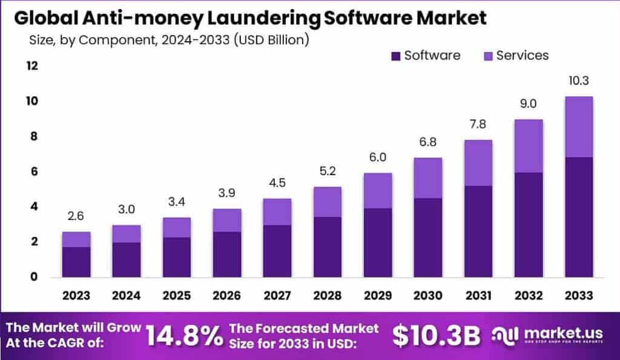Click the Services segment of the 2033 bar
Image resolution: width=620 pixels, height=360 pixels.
tap(578, 126)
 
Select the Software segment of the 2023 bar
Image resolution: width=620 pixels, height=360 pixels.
tap(76, 261)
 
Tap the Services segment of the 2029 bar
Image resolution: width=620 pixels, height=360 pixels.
tap(377, 191)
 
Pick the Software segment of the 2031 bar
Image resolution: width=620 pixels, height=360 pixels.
tap(478, 231)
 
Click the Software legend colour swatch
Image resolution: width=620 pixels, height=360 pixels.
tap(396, 56)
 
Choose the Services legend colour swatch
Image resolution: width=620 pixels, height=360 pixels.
tap(488, 56)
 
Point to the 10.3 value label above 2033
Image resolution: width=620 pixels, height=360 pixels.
tap(578, 81)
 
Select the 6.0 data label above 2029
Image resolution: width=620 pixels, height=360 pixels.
tap(377, 158)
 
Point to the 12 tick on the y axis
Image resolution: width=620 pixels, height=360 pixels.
tap(31, 65)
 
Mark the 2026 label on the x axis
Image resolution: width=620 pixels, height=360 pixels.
tap(227, 296)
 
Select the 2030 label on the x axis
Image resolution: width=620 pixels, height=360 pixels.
tap(427, 296)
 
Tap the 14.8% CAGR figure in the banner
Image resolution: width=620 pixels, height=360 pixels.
tap(184, 336)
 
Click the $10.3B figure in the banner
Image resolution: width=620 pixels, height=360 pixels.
tap(436, 336)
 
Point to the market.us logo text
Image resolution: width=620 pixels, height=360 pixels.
tap(558, 333)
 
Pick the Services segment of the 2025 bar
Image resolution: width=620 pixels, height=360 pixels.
tap(177, 227)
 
